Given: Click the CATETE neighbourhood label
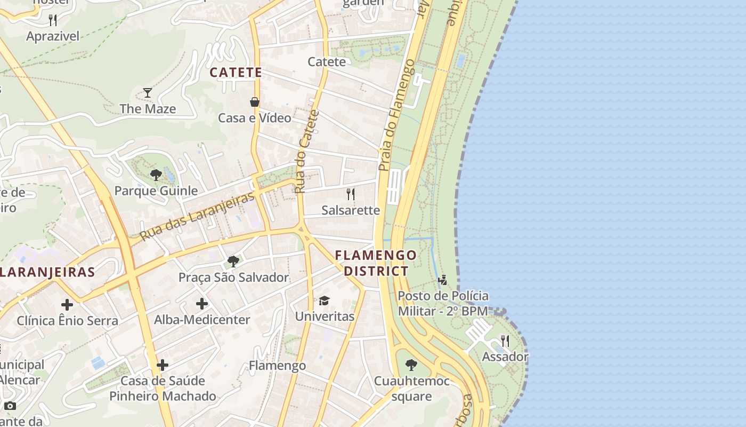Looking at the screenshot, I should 236,73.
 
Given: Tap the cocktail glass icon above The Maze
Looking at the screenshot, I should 148,93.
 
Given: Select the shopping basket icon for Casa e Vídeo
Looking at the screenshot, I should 255,102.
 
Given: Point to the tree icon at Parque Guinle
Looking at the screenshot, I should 156,175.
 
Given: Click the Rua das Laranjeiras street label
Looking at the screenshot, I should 197,216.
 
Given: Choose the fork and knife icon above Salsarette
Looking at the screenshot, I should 351,194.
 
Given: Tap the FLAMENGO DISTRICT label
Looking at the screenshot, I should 376,263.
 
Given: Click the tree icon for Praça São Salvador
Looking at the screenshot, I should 233,261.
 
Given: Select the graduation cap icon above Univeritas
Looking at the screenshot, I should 324,301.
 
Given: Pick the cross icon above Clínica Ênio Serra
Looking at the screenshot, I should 67,305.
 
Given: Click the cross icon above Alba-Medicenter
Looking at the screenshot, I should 202,304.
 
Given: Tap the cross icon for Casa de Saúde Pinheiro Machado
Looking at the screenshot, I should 163,365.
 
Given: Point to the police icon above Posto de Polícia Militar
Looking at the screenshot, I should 442,280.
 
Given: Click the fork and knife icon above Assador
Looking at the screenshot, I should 505,341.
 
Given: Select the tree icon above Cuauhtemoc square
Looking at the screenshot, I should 411,365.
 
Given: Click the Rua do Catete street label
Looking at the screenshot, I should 307,152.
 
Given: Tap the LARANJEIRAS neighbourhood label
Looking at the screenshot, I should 47,272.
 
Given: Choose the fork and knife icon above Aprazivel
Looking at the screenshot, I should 53,20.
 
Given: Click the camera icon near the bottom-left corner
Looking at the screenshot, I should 10,406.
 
